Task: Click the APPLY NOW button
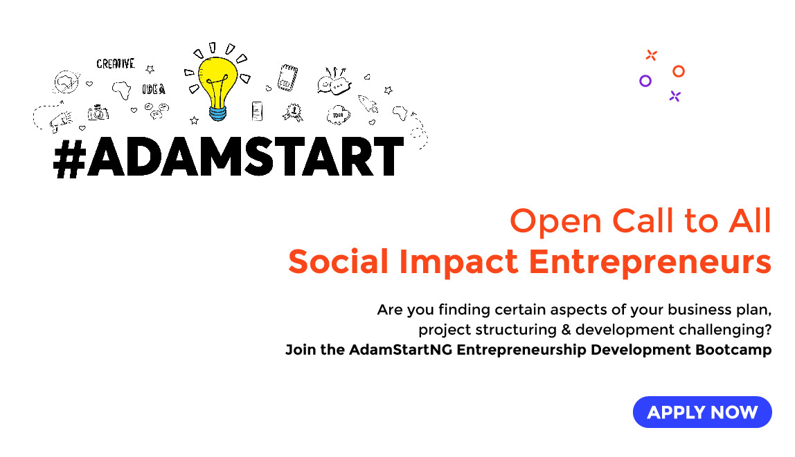(x=702, y=413)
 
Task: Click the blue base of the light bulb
(x=218, y=112)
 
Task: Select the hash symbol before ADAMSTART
(x=69, y=158)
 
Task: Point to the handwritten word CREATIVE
(x=115, y=64)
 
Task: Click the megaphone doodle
(x=61, y=122)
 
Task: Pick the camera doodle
(x=98, y=113)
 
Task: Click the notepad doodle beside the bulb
(x=287, y=77)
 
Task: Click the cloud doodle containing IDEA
(x=338, y=115)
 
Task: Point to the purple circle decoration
(x=645, y=81)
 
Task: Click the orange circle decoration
(x=679, y=71)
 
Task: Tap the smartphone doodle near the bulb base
(x=258, y=111)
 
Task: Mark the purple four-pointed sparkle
(x=675, y=96)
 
